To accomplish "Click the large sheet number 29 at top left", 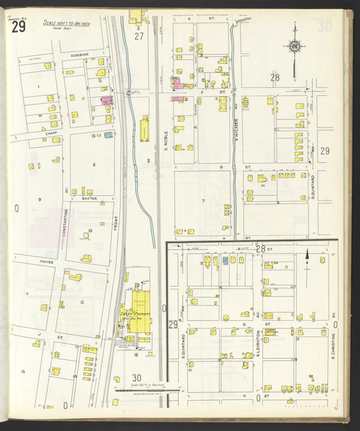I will pos(18,26).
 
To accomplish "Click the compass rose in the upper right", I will pos(294,46).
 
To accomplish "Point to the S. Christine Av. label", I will pos(333,345).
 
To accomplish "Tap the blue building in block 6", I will pos(108,134).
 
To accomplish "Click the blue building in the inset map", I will pos(225,259).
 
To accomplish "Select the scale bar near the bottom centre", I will pos(145,390).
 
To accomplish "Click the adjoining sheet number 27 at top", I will pos(139,36).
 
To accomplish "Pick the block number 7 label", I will pos(202,201).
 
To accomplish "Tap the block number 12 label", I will pos(81,302).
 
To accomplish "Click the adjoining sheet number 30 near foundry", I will pos(137,378).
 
